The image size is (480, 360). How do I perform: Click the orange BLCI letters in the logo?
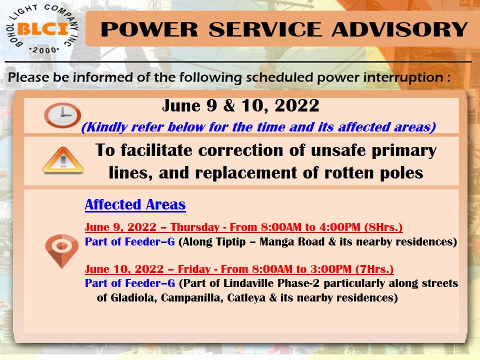click(43, 29)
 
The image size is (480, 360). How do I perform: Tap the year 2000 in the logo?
click(44, 50)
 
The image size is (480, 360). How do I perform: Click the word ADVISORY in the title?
click(400, 29)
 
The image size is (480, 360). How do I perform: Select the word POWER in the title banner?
click(149, 29)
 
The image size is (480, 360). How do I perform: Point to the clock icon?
click(62, 115)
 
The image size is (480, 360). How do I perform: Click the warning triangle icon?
click(63, 160)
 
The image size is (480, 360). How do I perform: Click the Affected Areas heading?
click(135, 204)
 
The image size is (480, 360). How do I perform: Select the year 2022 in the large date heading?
click(297, 105)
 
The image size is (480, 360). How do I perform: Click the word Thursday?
click(195, 227)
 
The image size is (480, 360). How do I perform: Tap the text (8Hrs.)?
click(383, 227)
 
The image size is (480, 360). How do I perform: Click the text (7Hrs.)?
click(374, 269)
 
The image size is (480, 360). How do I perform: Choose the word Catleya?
click(246, 297)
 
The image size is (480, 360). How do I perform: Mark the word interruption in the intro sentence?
click(403, 77)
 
